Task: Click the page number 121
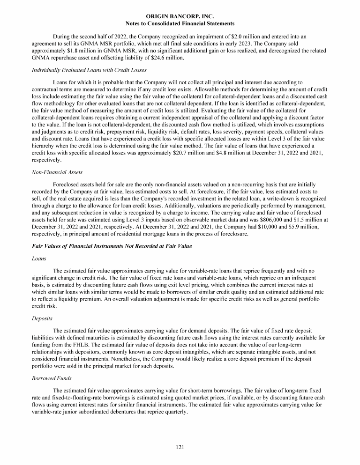180,448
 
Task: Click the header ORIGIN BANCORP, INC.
180,16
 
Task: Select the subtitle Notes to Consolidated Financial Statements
180,23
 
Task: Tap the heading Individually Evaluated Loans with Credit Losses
89,70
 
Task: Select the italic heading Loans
38,258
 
